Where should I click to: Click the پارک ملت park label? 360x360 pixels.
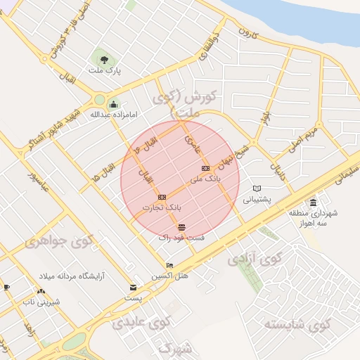104,71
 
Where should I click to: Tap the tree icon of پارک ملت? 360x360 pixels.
104,59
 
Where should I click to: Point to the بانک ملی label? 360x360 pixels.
207,179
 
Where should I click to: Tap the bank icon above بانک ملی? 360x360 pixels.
206,169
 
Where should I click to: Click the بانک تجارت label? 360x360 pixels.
162,208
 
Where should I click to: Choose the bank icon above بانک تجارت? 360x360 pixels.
162,198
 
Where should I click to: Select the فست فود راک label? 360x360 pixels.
181,238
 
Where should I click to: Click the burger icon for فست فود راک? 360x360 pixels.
182,228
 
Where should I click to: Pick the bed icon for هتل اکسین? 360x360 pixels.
169,266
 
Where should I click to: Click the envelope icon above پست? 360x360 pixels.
133,288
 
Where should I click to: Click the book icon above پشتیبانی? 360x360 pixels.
257,188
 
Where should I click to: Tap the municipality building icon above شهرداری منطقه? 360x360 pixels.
313,202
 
